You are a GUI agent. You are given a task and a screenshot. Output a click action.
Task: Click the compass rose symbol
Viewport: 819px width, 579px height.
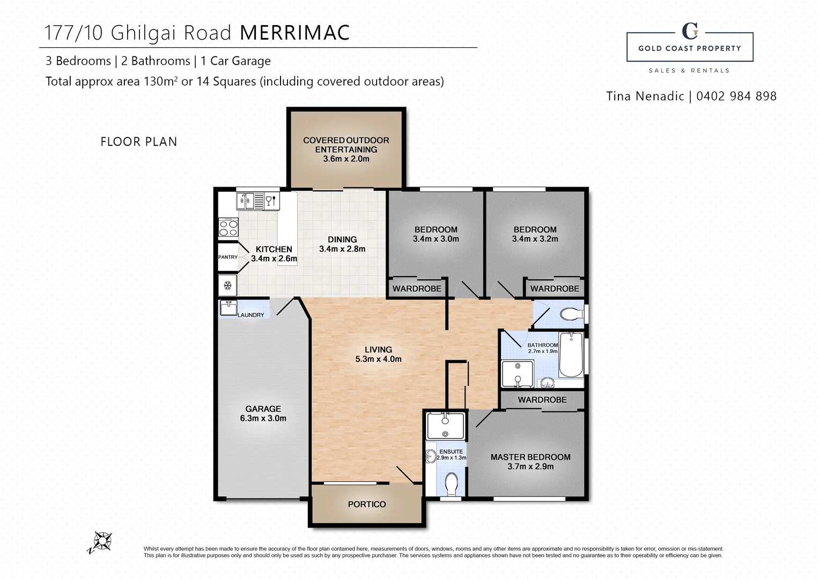[102, 541]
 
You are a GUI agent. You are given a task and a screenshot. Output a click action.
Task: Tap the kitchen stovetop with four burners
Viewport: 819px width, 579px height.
[228, 227]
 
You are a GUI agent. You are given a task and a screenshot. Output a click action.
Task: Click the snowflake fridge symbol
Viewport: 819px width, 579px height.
[227, 285]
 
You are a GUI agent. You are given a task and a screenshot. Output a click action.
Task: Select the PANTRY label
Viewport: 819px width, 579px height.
[228, 257]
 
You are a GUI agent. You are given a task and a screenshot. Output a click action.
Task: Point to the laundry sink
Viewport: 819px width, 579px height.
[228, 308]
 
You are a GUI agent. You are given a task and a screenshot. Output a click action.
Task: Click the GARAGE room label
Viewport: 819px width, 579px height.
[263, 409]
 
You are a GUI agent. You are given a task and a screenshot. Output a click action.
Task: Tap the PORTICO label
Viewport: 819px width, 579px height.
[367, 504]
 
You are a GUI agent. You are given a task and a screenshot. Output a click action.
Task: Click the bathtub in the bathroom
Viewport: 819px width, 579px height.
[571, 354]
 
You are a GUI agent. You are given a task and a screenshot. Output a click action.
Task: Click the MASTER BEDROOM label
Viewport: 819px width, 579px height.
[530, 457]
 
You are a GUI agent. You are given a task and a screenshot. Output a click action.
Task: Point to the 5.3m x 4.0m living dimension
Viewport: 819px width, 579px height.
[379, 359]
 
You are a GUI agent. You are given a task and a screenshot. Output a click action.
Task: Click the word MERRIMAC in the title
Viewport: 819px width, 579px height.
[294, 33]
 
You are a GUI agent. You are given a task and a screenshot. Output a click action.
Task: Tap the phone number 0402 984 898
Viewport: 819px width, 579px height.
[736, 96]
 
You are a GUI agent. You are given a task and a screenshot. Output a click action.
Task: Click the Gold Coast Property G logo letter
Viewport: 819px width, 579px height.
[690, 31]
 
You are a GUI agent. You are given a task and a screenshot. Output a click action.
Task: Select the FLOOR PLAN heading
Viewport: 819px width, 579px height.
[138, 142]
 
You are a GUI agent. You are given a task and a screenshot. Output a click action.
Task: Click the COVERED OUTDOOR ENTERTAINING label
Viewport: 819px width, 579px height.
[346, 145]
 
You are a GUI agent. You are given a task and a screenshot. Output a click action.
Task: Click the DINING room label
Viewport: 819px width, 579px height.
[342, 240]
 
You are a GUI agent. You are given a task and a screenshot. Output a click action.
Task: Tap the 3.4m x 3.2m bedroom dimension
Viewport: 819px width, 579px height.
[535, 239]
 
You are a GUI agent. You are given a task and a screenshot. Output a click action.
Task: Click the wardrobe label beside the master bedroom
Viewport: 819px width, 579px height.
[542, 399]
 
